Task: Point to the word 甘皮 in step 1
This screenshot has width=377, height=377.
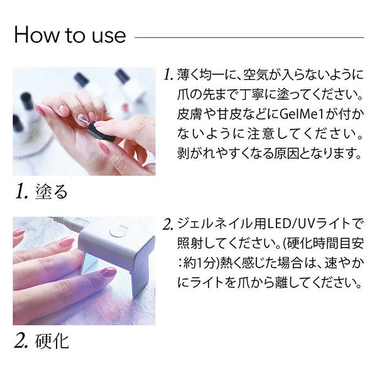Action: (x=232, y=115)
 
